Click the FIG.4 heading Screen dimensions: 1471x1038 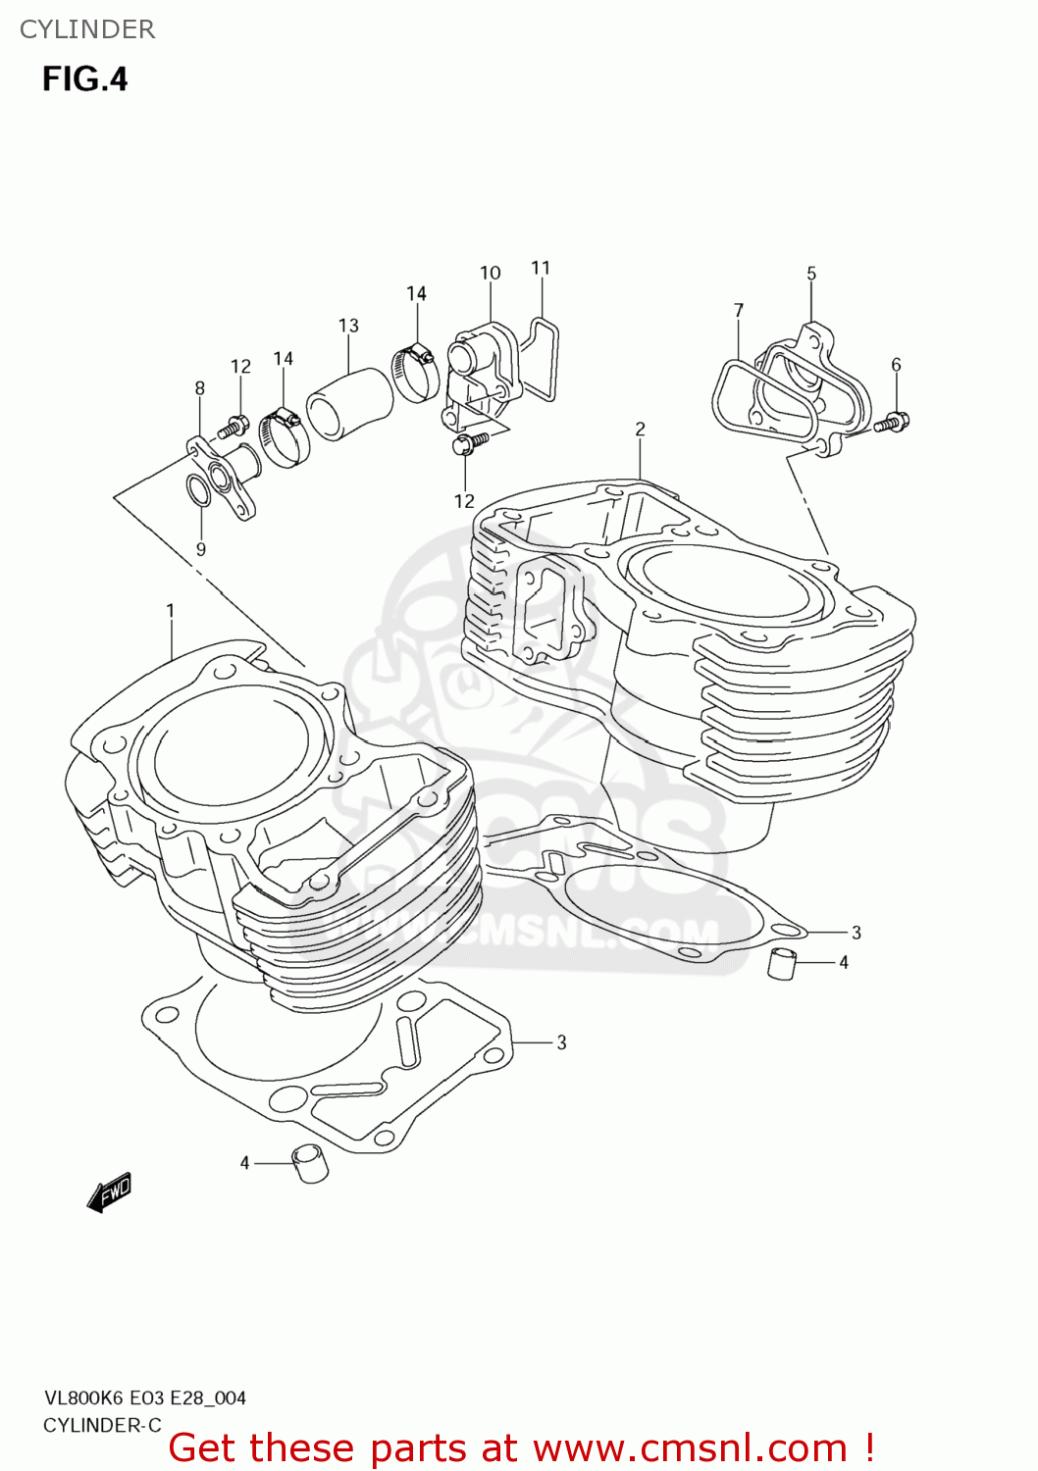click(x=84, y=79)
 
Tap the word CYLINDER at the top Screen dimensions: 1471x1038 click(x=87, y=29)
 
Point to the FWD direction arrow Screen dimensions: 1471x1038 click(x=108, y=1192)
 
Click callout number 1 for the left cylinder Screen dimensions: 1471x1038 click(x=171, y=611)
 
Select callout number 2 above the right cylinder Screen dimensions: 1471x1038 click(x=640, y=429)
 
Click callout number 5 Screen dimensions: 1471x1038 click(x=811, y=274)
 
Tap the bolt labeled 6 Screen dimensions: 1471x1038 click(x=893, y=423)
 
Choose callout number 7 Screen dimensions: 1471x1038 click(x=739, y=310)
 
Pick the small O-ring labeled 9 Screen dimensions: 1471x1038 click(x=197, y=490)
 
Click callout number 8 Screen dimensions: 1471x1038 click(x=200, y=388)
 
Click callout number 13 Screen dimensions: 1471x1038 click(x=348, y=326)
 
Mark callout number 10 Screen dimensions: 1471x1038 click(x=491, y=273)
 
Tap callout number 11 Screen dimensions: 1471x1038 click(x=541, y=268)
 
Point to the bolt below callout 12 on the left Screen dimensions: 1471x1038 click(x=234, y=427)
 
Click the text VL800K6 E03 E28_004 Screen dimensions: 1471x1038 click(x=144, y=1398)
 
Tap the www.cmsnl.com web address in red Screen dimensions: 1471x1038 click(x=690, y=1448)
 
